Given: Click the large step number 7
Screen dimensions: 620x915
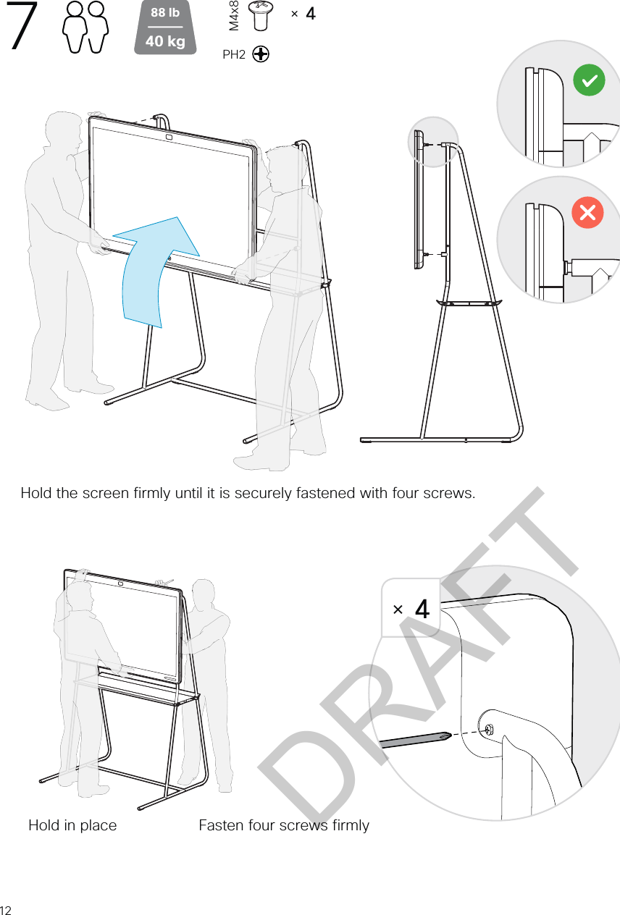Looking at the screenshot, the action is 22,25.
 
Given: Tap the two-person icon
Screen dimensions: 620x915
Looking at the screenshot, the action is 85,27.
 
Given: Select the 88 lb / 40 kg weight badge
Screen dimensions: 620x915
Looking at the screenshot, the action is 165,28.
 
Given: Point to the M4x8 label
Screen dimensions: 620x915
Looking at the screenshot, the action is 234,16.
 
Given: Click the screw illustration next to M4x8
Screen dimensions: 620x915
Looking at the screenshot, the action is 261,16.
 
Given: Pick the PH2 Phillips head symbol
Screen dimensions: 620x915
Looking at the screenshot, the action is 261,54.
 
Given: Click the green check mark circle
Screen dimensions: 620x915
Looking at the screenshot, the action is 589,80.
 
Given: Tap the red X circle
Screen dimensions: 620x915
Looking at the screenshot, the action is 587,212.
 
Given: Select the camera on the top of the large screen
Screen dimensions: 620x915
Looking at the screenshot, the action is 169,138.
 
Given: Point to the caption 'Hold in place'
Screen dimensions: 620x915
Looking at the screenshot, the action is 72,825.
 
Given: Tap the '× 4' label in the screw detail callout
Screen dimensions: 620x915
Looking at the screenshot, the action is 411,609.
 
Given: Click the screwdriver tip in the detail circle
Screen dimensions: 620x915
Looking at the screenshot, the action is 449,735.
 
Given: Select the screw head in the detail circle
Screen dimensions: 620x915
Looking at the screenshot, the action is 489,729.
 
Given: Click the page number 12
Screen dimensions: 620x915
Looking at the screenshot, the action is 6,910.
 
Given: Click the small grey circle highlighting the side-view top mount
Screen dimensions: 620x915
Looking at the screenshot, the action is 433,142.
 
